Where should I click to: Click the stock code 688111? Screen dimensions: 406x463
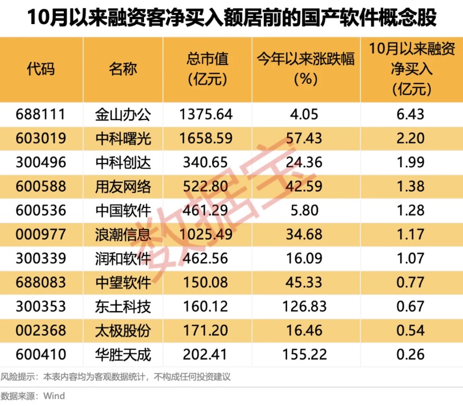point(41,114)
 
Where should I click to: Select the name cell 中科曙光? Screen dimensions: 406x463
point(123,138)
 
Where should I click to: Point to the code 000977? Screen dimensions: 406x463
point(41,234)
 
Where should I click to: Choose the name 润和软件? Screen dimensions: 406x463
point(123,259)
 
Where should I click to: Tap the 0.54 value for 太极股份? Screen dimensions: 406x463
point(411,330)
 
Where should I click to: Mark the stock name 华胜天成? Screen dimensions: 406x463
point(123,355)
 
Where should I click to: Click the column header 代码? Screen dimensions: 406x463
point(41,69)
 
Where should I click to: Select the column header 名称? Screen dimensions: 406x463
point(123,69)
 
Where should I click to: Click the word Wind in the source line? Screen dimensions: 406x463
point(54,396)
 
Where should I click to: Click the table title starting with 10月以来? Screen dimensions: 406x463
point(231,18)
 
